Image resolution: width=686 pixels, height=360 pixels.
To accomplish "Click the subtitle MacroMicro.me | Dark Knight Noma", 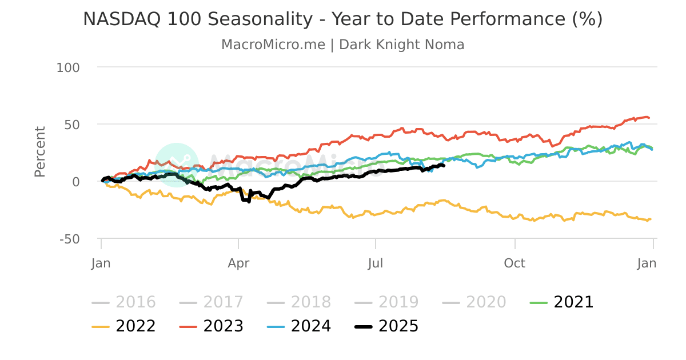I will pyautogui.click(x=342, y=45).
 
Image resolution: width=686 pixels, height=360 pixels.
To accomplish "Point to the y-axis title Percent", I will pyautogui.click(x=39, y=151).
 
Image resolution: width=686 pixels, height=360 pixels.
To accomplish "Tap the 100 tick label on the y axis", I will pyautogui.click(x=68, y=67).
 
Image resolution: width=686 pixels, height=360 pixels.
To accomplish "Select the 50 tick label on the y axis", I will pyautogui.click(x=71, y=125).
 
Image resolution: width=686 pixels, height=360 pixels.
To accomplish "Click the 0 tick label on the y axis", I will pyautogui.click(x=75, y=182).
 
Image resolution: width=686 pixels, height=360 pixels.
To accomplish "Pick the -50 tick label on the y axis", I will pyautogui.click(x=69, y=239).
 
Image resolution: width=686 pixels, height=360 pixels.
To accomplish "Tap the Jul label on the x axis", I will pyautogui.click(x=376, y=263).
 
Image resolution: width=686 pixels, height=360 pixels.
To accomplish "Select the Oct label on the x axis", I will pyautogui.click(x=514, y=263).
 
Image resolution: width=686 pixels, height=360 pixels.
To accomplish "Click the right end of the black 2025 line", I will pyautogui.click(x=444, y=166).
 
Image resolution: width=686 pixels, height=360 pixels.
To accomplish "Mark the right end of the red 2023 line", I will pyautogui.click(x=649, y=118).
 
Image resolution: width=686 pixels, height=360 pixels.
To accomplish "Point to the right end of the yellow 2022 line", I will pyautogui.click(x=651, y=219).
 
